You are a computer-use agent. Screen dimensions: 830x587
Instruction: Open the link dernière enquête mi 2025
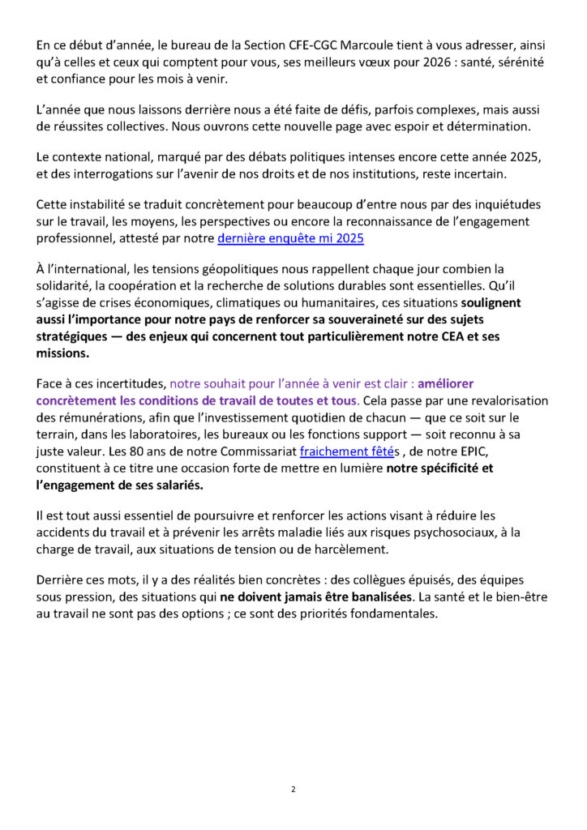290,238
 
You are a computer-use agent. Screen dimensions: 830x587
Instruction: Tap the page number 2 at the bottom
293,788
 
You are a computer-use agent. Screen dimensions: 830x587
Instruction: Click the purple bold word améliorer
445,384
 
